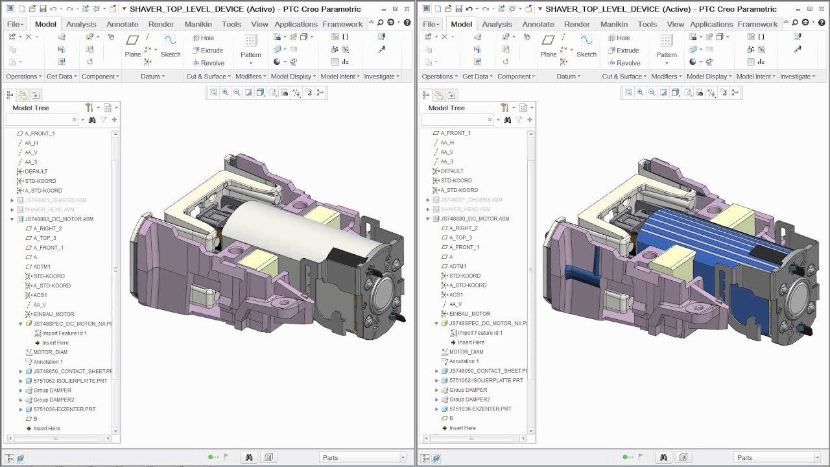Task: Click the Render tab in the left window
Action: (161, 24)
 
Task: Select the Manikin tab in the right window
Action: (613, 24)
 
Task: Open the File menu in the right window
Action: (430, 24)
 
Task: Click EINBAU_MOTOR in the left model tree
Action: (53, 314)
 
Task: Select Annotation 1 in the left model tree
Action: (47, 362)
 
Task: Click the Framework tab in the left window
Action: (342, 24)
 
